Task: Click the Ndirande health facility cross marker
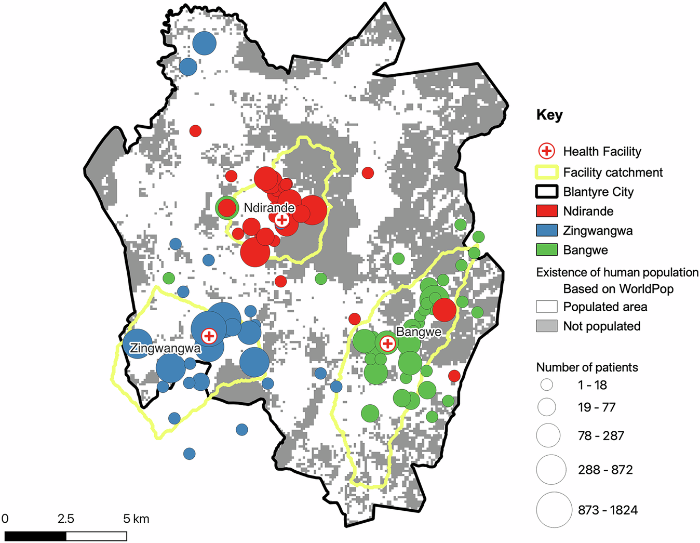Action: coord(281,219)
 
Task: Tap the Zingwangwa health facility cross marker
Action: coord(209,336)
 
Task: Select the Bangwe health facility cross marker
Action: coord(387,343)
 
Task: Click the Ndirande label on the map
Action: coord(269,208)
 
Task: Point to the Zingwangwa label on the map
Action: coord(165,348)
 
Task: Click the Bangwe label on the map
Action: coord(419,332)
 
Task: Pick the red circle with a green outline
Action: coord(226,208)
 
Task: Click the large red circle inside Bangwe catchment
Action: coord(444,310)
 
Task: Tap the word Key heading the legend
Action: coord(549,115)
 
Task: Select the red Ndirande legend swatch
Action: coord(546,211)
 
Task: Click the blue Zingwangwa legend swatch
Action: coord(546,230)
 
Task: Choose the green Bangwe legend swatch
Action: coord(546,250)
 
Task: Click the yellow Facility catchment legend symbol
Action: coord(546,172)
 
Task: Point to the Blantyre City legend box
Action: coord(546,192)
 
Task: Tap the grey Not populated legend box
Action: coord(546,326)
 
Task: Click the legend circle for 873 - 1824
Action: coord(554,510)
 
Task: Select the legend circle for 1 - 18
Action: coord(546,385)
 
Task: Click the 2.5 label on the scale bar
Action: coord(65,519)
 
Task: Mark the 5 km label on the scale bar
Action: coord(136,519)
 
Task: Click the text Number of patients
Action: coord(587,367)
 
